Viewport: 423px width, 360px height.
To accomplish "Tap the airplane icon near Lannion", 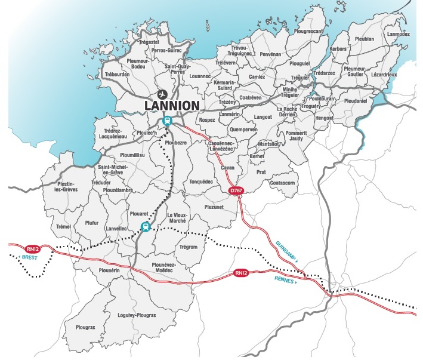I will tap(162, 94).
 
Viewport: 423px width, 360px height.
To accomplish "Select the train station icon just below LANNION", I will tap(168, 121).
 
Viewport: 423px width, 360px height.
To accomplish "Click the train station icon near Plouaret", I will tap(144, 227).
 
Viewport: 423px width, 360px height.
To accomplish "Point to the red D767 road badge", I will tap(236, 190).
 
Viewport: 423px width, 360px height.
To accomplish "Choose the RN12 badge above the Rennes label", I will tap(240, 273).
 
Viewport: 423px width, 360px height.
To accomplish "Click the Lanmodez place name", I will tap(399, 34).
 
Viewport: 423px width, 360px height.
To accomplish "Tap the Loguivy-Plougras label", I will tap(137, 315).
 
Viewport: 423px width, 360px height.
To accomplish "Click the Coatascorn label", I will tap(283, 183).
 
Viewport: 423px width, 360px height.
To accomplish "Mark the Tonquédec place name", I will tap(201, 181).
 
